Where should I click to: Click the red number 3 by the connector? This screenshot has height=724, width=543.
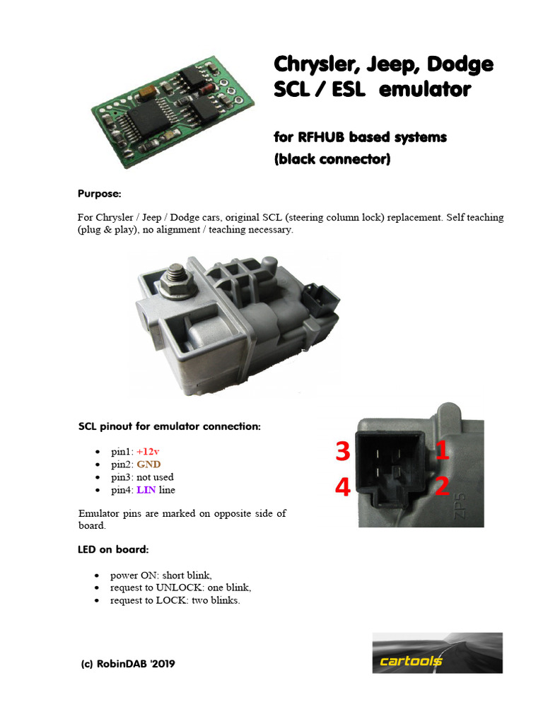coord(343,452)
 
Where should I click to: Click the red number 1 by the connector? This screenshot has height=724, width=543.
coord(442,452)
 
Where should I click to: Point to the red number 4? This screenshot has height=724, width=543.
coord(343,487)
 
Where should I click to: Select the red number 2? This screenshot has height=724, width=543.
coord(442,487)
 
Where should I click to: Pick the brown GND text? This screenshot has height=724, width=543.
coord(148,464)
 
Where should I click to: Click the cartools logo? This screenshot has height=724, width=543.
coord(437,653)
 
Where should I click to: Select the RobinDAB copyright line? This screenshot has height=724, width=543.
coord(128,664)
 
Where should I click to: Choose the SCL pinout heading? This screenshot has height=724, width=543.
coord(169,427)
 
